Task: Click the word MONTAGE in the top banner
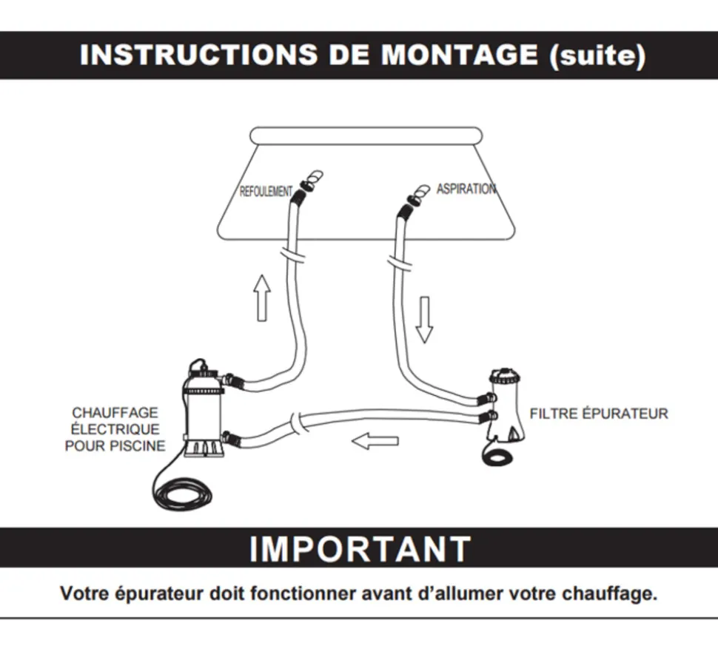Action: pyautogui.click(x=459, y=55)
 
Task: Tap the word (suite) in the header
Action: pyautogui.click(x=597, y=55)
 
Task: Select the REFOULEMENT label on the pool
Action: pyautogui.click(x=266, y=191)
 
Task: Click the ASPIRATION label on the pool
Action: pyautogui.click(x=466, y=189)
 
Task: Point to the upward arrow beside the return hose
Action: pyautogui.click(x=262, y=298)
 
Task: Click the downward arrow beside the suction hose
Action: pyautogui.click(x=424, y=320)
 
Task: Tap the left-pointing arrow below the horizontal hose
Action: pyautogui.click(x=375, y=441)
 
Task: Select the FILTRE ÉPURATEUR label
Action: pyautogui.click(x=599, y=414)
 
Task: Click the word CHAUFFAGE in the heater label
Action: pyautogui.click(x=115, y=412)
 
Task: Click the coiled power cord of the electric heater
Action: pyautogui.click(x=183, y=494)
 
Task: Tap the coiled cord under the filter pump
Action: pyautogui.click(x=497, y=457)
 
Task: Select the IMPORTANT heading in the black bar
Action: pyautogui.click(x=360, y=548)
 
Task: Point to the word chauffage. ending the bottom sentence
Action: pyautogui.click(x=609, y=593)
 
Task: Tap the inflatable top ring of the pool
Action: pyautogui.click(x=366, y=136)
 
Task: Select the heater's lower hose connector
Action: pyautogui.click(x=230, y=438)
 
